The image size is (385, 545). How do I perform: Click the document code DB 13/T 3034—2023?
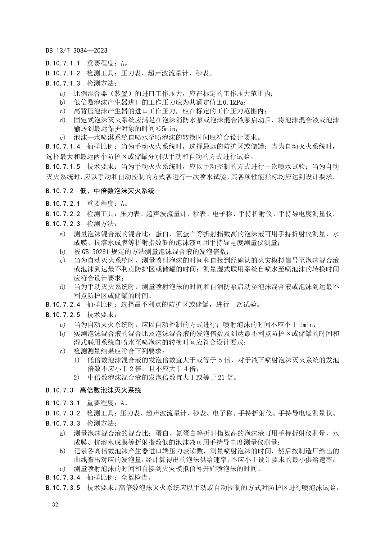tap(76, 51)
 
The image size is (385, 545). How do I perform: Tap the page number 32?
tap(55, 504)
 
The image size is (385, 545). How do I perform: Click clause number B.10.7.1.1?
tap(63, 64)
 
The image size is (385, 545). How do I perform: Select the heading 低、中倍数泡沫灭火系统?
tap(117, 191)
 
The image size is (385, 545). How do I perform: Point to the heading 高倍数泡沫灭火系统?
tap(110, 390)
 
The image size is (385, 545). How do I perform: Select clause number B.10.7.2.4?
tap(63, 305)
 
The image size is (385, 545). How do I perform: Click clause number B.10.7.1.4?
tap(63, 147)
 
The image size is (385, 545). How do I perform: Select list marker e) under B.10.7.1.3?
tap(62, 137)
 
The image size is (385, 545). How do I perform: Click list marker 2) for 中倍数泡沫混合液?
tap(76, 378)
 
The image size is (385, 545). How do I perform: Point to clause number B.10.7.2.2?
tap(63, 214)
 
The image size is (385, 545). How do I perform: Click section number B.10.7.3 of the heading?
tap(60, 390)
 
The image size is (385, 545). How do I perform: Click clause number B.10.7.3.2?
tap(63, 413)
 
